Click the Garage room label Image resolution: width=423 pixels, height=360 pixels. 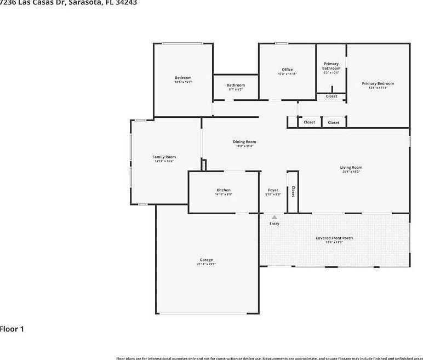click(206, 260)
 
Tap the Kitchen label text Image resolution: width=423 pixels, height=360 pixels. click(224, 190)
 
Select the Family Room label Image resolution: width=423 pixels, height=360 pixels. click(164, 157)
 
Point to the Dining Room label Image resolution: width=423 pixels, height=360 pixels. click(244, 142)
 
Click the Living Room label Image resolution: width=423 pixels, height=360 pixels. click(351, 168)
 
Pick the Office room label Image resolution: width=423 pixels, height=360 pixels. click(287, 70)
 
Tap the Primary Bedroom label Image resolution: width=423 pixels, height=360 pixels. click(378, 84)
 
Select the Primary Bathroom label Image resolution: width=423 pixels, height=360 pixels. click(331, 66)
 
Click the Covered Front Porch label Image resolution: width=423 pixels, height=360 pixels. click(334, 238)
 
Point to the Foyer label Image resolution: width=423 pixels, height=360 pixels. click(273, 190)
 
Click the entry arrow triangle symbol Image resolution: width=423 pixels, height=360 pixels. click(275, 218)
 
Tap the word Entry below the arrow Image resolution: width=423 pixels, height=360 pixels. click(275, 224)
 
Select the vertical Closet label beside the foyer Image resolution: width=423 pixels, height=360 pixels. click(293, 191)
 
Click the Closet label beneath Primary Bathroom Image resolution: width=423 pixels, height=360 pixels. click(331, 96)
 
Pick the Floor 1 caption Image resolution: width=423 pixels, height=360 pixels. click(12, 329)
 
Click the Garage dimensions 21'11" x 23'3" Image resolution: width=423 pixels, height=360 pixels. click(206, 264)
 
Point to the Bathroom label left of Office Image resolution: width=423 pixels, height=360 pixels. click(236, 85)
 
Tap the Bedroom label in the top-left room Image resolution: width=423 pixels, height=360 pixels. click(183, 78)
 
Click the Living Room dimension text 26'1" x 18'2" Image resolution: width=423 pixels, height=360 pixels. click(351, 172)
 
